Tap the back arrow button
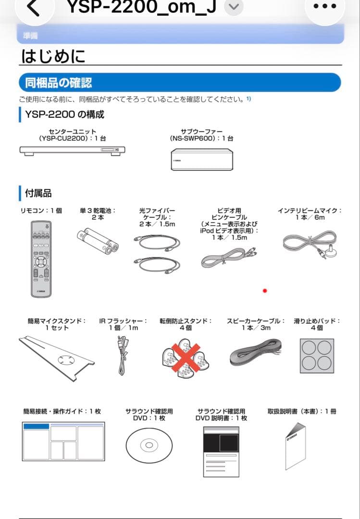pyautogui.click(x=33, y=7)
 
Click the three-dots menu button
pyautogui.click(x=332, y=7)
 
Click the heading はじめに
pyautogui.click(x=53, y=56)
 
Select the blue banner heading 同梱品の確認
pyautogui.click(x=59, y=83)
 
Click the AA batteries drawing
pyautogui.click(x=97, y=242)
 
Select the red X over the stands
pyautogui.click(x=186, y=357)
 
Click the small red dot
pyautogui.click(x=264, y=291)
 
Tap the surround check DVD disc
pyautogui.click(x=149, y=445)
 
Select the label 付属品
pyautogui.click(x=38, y=193)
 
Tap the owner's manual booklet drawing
pyautogui.click(x=295, y=445)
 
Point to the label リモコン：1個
pyautogui.click(x=41, y=211)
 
